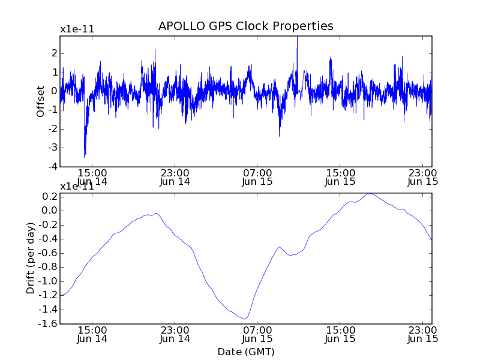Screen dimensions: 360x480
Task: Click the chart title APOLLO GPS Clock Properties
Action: tap(245, 26)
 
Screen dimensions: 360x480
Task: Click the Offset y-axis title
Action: tap(41, 101)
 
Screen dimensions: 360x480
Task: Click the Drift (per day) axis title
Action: tap(31, 258)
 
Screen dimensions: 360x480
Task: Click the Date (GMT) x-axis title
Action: tap(245, 352)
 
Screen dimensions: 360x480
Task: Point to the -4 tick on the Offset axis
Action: tap(53, 166)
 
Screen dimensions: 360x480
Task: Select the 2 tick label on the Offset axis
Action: tap(55, 53)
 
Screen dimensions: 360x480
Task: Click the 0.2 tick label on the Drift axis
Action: tap(49, 196)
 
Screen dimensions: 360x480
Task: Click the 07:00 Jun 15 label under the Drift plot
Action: tap(257, 334)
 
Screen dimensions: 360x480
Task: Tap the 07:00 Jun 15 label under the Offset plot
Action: tap(257, 176)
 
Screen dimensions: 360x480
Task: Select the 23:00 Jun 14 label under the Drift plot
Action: tap(175, 334)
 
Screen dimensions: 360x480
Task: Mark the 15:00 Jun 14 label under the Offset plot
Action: tap(92, 176)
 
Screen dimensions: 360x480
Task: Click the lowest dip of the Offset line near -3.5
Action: tap(85, 156)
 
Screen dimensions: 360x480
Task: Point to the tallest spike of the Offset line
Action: tap(297, 38)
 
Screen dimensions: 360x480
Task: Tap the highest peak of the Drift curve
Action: tap(370, 193)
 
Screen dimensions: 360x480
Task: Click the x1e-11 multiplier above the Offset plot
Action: tap(77, 29)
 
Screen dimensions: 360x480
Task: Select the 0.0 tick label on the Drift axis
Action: tap(49, 211)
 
